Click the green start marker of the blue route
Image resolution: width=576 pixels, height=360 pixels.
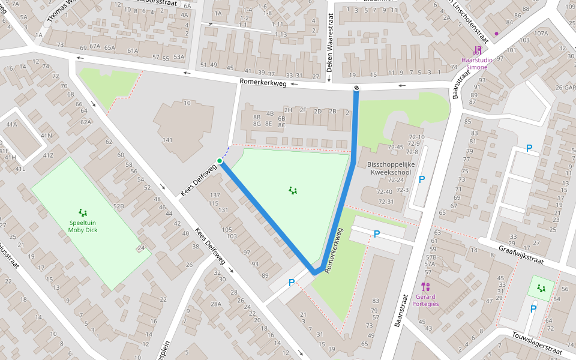point(220,161)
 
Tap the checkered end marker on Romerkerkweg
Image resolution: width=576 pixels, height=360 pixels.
point(356,89)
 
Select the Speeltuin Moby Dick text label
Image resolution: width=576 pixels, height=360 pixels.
point(82,226)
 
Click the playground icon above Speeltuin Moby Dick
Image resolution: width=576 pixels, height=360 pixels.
point(82,212)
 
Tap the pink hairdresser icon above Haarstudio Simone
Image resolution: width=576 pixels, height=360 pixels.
point(477,50)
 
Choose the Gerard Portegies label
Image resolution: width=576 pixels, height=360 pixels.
point(427,300)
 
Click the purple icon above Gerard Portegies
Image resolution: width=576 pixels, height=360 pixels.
point(427,286)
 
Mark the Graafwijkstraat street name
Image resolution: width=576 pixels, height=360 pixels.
point(520,253)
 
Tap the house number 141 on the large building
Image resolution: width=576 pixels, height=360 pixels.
point(167,140)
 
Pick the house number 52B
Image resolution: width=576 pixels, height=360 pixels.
point(119,206)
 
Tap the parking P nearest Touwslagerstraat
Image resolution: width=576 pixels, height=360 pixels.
point(533,309)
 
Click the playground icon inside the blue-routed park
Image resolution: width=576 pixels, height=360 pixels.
point(293,191)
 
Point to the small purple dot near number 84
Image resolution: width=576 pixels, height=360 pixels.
point(496,34)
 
